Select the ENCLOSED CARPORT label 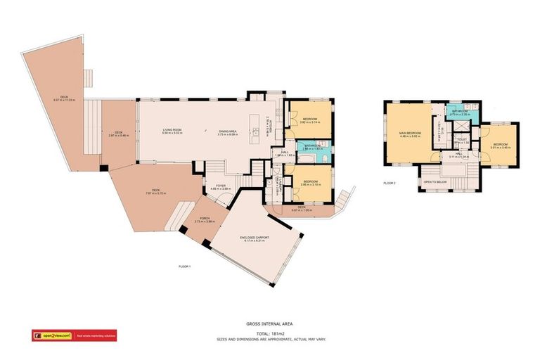pos(255,238)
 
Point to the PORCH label pos(204,218)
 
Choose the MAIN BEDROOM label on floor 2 pos(409,133)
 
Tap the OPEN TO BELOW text pos(435,181)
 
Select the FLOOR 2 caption pos(390,183)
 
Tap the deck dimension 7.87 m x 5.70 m pos(155,193)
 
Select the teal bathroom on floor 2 pos(461,113)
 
